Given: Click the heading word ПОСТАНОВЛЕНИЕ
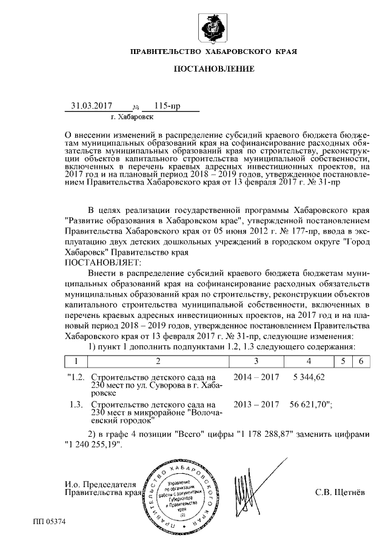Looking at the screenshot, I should (x=214, y=69).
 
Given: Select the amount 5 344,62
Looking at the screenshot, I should (x=309, y=377).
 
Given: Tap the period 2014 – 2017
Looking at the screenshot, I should (x=256, y=377).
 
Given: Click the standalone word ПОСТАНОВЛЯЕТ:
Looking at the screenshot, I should (x=102, y=262).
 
